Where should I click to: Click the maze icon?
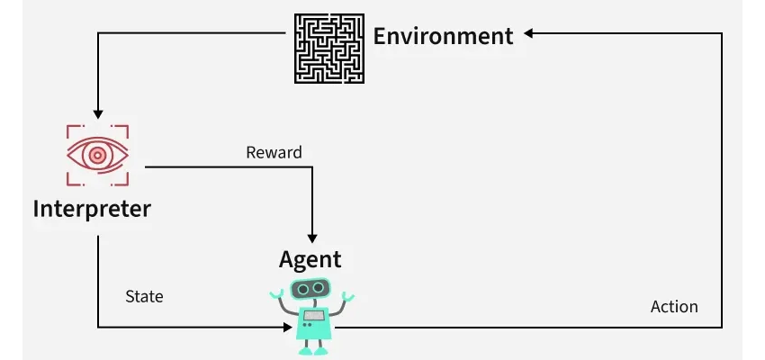328,49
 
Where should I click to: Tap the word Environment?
443,37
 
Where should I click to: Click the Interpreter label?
92,209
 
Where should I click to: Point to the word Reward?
274,152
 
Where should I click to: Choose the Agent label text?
310,259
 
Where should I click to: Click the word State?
144,295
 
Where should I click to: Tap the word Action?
674,307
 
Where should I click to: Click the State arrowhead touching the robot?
287,327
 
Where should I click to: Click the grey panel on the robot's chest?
313,316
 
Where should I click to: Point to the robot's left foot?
303,351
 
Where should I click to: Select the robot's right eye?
319,288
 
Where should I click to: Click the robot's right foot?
322,351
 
